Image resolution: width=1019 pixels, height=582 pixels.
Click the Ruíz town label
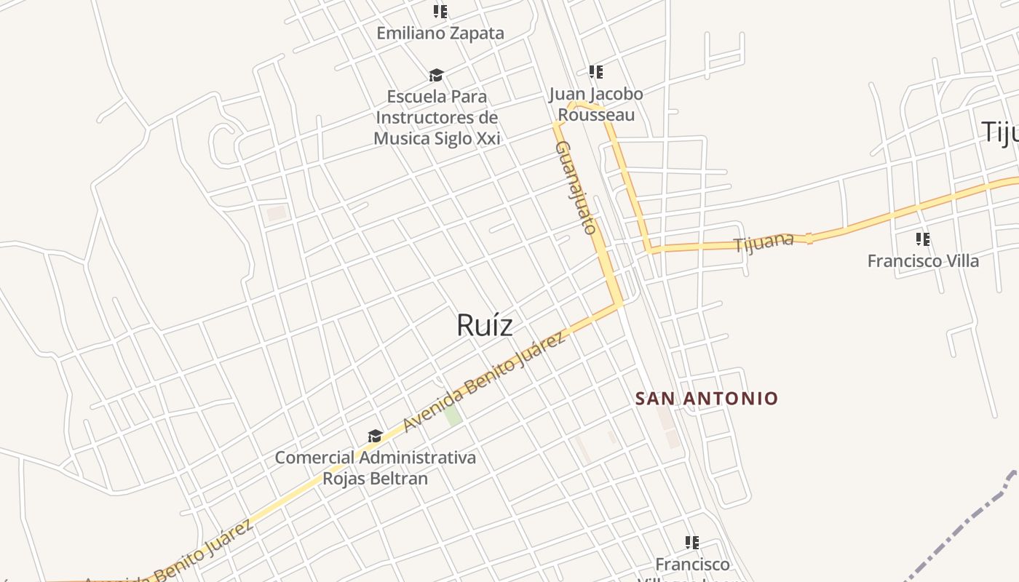coord(484,325)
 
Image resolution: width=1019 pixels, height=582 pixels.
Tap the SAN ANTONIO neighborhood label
coord(707,399)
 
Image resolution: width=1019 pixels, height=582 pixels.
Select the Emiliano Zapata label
coord(440,33)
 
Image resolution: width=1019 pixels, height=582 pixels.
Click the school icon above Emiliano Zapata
coord(440,11)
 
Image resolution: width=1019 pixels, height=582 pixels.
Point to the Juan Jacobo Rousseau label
coord(596,104)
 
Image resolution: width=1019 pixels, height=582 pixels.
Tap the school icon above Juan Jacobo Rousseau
coord(596,72)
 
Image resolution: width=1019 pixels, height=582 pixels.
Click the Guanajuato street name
coord(576,187)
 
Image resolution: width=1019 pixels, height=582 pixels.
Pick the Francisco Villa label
coord(923,260)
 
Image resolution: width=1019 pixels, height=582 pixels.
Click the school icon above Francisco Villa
coord(923,239)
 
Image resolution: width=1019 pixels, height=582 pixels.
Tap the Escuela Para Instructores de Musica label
coord(437,117)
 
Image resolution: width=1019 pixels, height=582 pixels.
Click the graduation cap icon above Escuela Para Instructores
coord(436,75)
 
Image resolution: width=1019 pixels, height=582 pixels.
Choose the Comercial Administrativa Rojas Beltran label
coord(375,468)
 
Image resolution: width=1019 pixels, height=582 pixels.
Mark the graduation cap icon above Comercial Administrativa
coord(375,436)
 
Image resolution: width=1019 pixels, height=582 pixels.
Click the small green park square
coord(453,415)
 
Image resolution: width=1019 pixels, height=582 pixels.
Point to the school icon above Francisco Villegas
coord(692,542)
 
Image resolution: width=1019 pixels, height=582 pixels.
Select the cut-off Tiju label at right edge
coord(999,132)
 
